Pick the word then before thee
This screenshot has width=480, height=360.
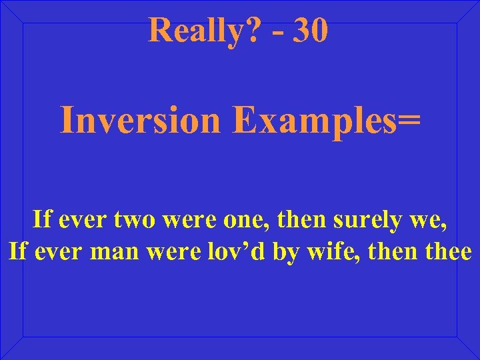(397, 253)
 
